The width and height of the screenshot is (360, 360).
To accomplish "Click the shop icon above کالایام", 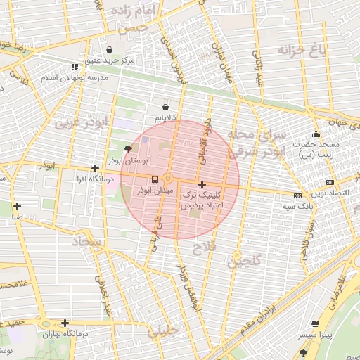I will pyautogui.click(x=165, y=107).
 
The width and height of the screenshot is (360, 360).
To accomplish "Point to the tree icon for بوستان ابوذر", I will pyautogui.click(x=127, y=149).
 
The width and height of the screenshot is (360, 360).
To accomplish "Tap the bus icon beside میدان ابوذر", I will pyautogui.click(x=155, y=179).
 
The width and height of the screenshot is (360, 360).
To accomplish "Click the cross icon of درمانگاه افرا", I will pyautogui.click(x=95, y=169).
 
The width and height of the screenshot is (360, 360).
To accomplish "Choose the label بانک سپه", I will pyautogui.click(x=298, y=206).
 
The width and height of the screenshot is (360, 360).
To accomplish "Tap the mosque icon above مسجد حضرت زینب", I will pyautogui.click(x=316, y=134).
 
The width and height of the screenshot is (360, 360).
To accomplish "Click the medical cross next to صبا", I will pyautogui.click(x=17, y=207).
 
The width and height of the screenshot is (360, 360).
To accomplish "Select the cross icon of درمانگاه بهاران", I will pyautogui.click(x=65, y=323).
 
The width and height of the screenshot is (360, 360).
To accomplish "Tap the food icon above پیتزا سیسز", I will pyautogui.click(x=314, y=324).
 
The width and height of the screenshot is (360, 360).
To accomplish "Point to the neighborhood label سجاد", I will pyautogui.click(x=86, y=242).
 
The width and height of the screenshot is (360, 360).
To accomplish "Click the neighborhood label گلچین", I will pyautogui.click(x=244, y=261).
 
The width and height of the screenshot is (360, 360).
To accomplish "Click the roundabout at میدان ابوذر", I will pyautogui.click(x=169, y=179).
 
